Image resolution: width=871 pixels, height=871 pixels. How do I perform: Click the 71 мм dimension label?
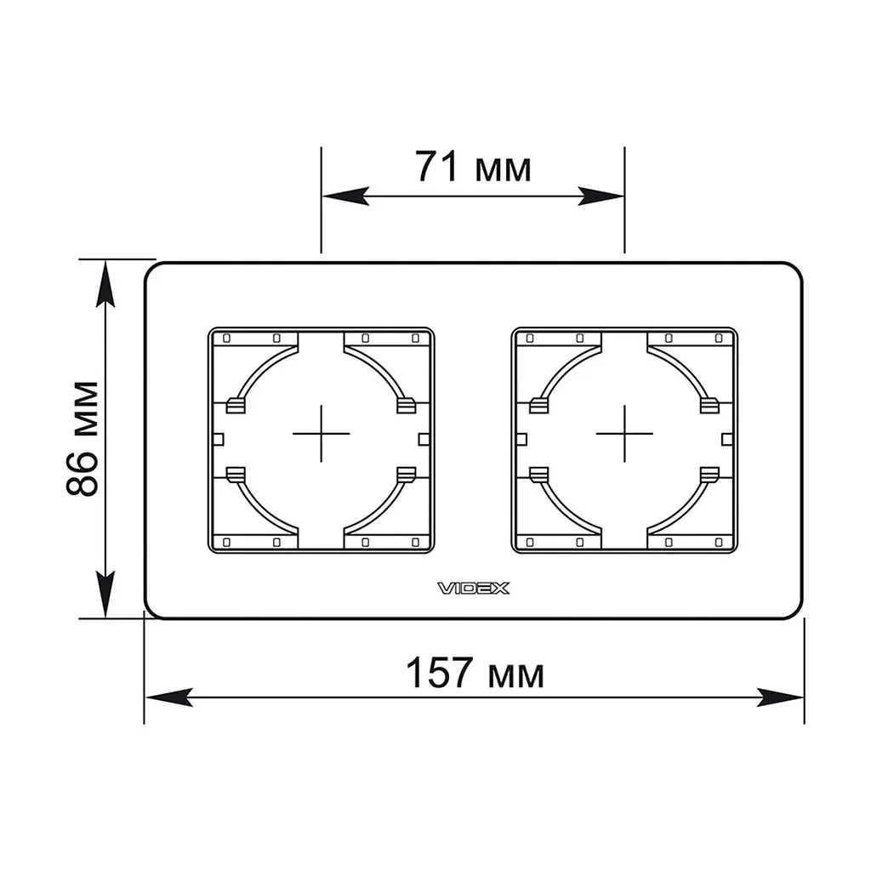pos(473,166)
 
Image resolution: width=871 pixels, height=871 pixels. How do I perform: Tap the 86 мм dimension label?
pos(83,438)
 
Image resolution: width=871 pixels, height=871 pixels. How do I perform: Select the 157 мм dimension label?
pos(475,672)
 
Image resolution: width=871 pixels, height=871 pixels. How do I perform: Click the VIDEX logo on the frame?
pos(473,589)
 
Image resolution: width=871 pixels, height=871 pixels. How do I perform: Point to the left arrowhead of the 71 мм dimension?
pos(345,196)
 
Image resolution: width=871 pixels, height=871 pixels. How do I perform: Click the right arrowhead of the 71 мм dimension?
pos(601,196)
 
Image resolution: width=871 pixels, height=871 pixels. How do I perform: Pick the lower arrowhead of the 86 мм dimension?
pos(105,594)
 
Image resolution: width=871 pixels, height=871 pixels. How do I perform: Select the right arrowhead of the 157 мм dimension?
pos(781,697)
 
